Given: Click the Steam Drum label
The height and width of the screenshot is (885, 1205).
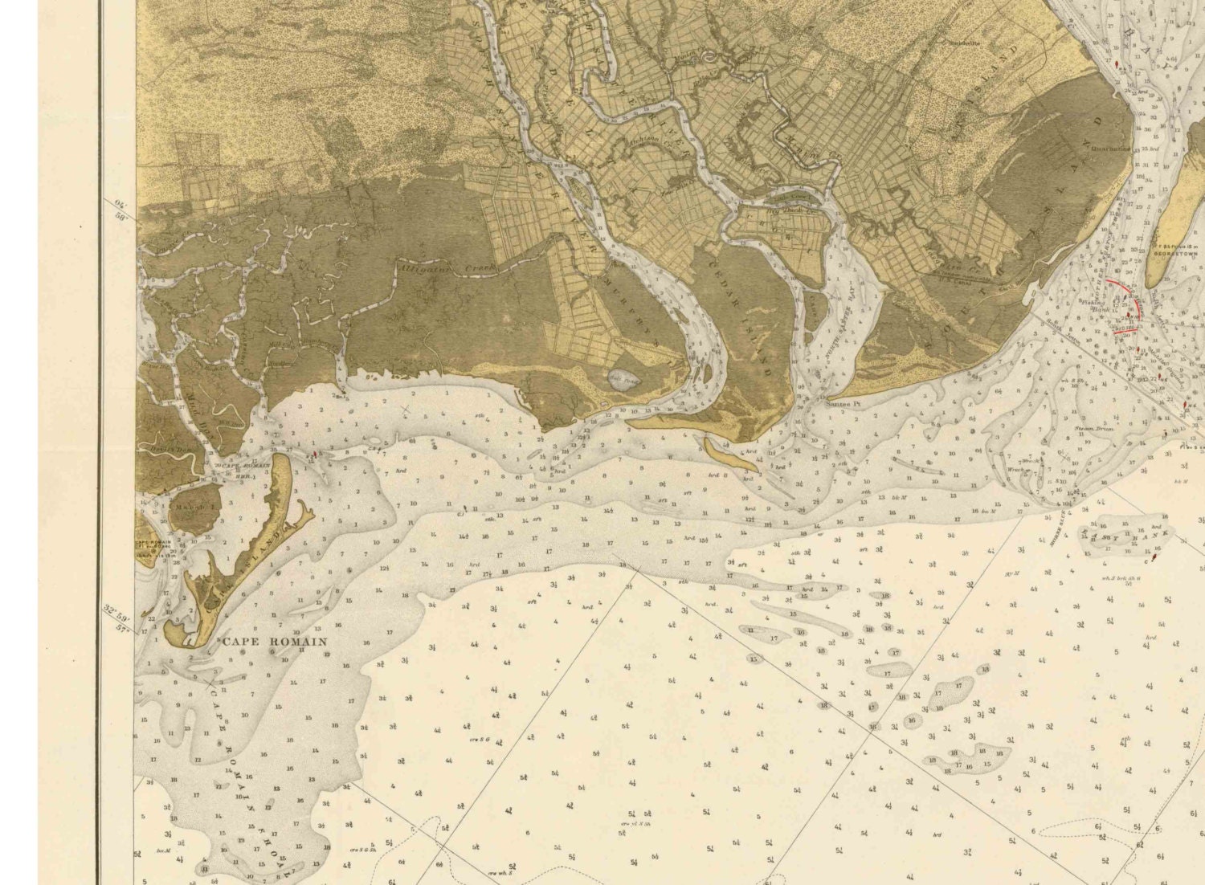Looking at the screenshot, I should click(1090, 430).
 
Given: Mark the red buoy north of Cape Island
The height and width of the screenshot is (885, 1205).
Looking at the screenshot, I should click(315, 455).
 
